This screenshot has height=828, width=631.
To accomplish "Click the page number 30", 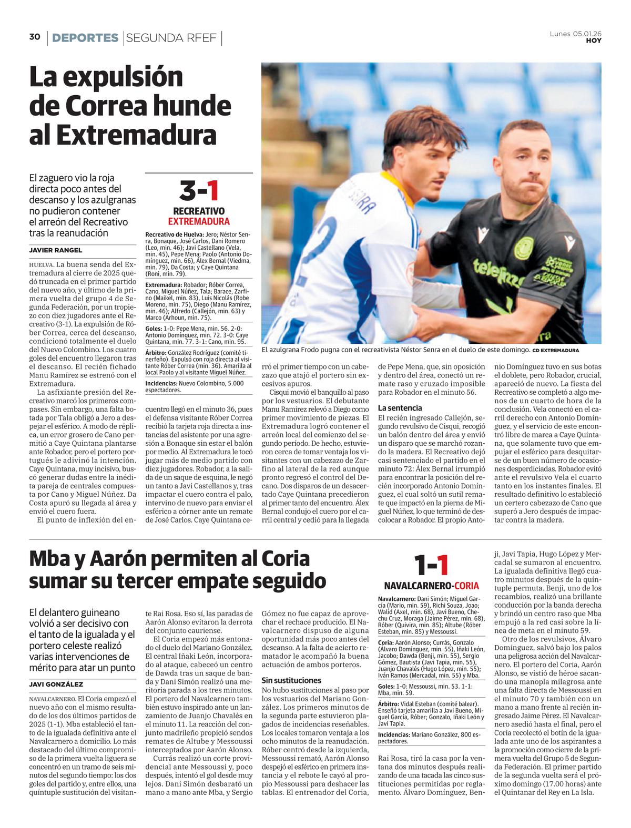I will click(35, 37).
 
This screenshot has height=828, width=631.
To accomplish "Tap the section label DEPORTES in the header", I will click(85, 38).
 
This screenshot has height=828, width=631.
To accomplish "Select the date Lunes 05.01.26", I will click(576, 34).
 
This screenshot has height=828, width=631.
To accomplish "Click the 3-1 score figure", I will click(198, 191).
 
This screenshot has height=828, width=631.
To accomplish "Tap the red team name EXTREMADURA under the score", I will click(199, 221).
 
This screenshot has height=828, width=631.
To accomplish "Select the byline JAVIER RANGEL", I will click(56, 250).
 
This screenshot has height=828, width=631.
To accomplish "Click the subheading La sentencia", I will click(400, 407).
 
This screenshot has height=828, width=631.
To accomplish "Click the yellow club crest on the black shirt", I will click(524, 247).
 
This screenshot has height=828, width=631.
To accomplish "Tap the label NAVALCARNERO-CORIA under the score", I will click(431, 586).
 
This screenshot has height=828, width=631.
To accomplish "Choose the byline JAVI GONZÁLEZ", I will click(56, 684).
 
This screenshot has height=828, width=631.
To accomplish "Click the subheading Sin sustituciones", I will click(291, 680).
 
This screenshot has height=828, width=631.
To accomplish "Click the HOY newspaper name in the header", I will click(594, 40).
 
